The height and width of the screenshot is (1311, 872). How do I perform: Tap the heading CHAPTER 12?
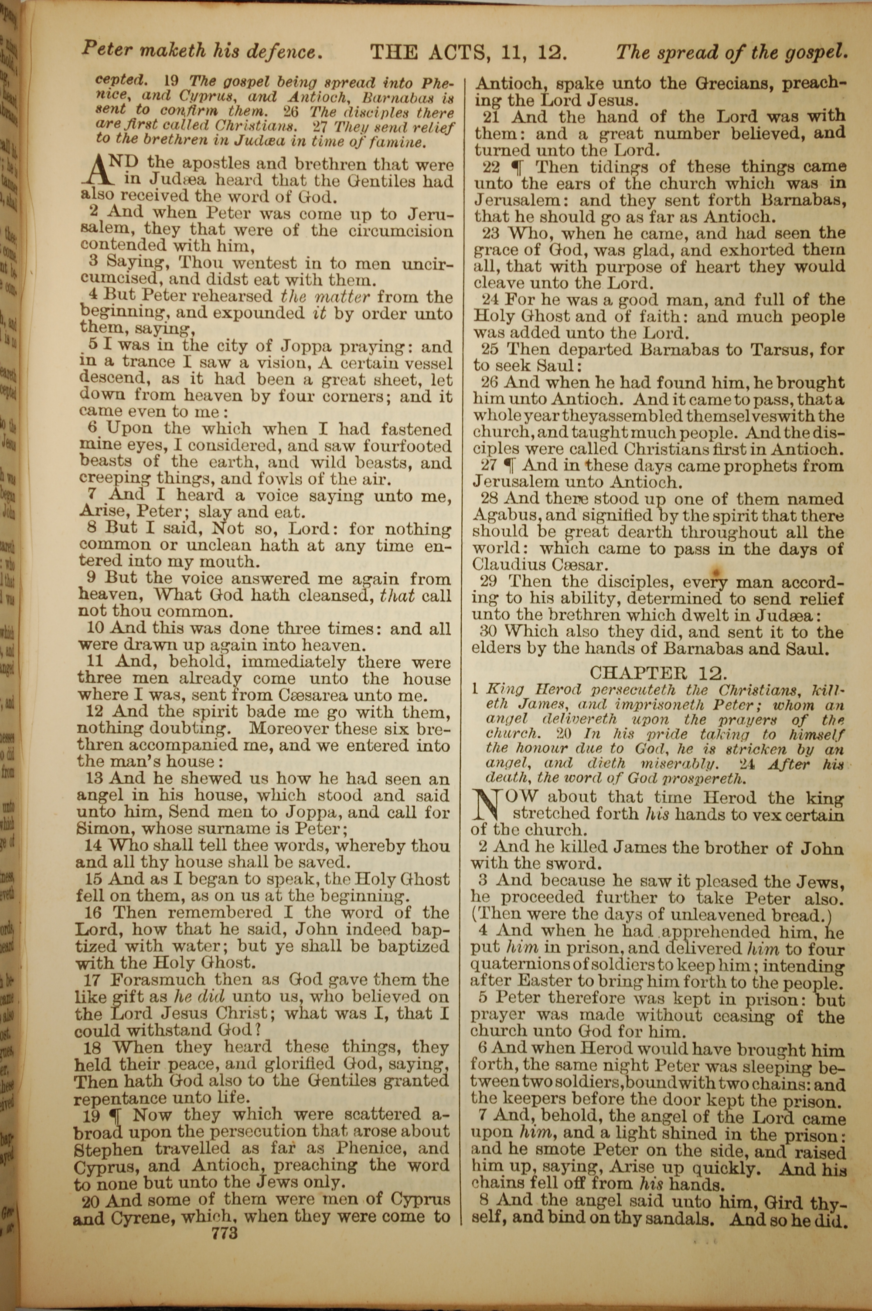point(658,673)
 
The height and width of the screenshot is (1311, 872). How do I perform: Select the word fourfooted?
point(407,446)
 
